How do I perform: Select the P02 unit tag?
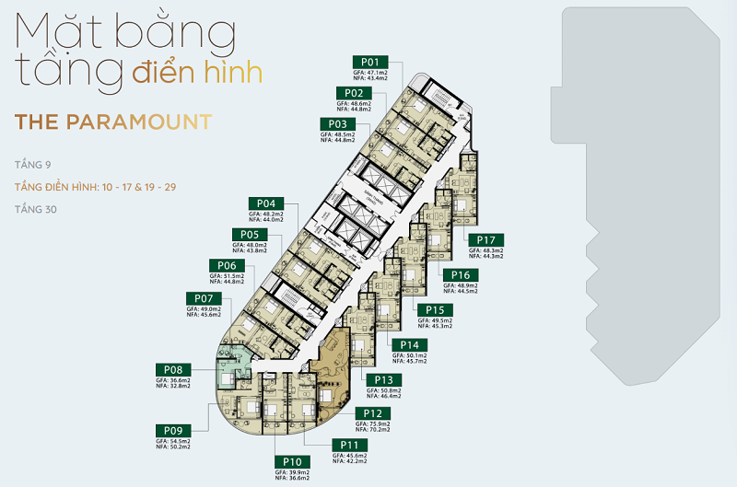pos(353,93)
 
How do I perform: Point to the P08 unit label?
pos(174,369)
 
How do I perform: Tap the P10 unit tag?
pos(293,461)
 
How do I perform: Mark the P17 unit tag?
pos(486,240)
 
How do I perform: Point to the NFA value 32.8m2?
pos(174,387)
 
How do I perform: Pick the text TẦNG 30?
pos(34,209)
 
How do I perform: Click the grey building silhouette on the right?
pos(636,184)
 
